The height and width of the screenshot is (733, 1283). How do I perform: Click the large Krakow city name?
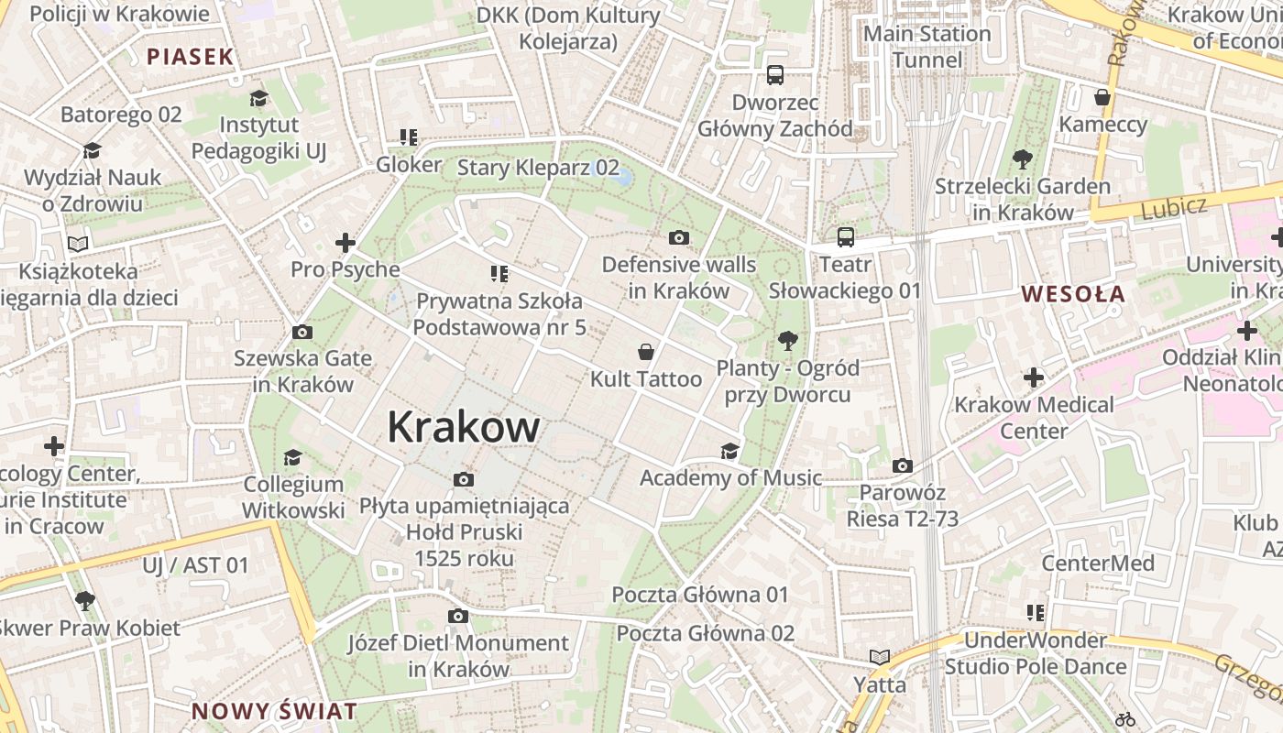pyautogui.click(x=464, y=427)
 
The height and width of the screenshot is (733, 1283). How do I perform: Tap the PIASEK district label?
pyautogui.click(x=191, y=57)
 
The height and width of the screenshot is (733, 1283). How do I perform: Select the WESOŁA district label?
pyautogui.click(x=1073, y=294)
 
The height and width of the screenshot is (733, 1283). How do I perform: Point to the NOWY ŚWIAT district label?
pyautogui.click(x=274, y=711)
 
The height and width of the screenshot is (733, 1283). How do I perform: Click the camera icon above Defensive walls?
pyautogui.click(x=679, y=238)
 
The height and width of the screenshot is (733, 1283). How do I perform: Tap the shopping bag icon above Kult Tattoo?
pyautogui.click(x=646, y=352)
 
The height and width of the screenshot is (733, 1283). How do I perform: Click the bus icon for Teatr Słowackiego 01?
pyautogui.click(x=845, y=237)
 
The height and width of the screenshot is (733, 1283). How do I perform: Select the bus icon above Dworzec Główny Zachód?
pyautogui.click(x=775, y=75)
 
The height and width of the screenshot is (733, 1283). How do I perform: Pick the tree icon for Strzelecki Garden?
pyautogui.click(x=1023, y=160)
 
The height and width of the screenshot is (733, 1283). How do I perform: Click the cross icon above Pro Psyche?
pyautogui.click(x=345, y=243)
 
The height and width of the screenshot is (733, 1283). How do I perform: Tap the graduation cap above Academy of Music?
pyautogui.click(x=729, y=451)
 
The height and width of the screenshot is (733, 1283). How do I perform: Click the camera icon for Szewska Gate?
pyautogui.click(x=302, y=332)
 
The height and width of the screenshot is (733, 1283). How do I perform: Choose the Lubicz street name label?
pyautogui.click(x=1174, y=208)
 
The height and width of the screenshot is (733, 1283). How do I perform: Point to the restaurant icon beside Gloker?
pyautogui.click(x=409, y=138)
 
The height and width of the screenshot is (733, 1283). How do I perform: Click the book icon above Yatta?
pyautogui.click(x=880, y=657)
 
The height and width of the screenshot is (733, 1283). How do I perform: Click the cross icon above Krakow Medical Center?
pyautogui.click(x=1034, y=377)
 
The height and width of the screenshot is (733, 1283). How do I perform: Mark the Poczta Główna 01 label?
pyautogui.click(x=700, y=595)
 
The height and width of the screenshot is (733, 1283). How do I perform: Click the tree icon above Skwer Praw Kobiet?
pyautogui.click(x=85, y=601)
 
